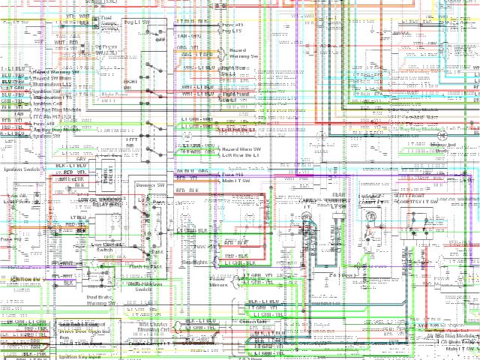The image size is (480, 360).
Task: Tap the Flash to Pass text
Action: point(146,267)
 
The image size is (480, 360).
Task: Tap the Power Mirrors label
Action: point(217,281)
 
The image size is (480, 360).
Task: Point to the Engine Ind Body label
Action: point(442,148)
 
